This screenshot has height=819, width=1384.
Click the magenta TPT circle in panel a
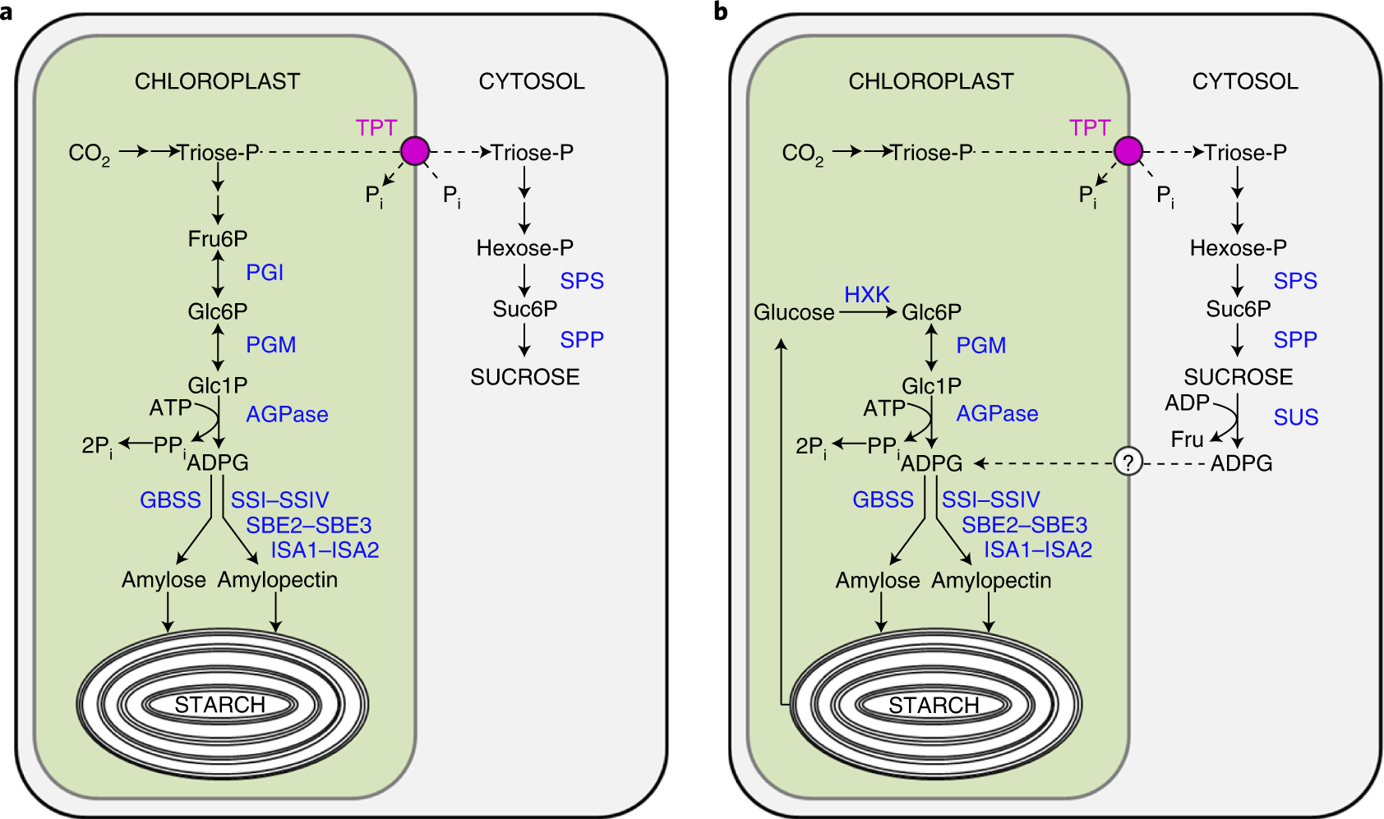coord(415,151)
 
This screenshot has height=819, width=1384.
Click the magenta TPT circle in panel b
coord(1128,151)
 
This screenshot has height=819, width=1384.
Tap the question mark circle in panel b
coord(1128,462)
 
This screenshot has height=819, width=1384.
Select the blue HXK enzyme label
coord(867,294)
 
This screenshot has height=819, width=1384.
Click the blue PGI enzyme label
coord(265,273)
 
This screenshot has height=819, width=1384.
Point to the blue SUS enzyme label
coord(1296,417)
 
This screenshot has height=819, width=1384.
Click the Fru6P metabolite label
coord(218,239)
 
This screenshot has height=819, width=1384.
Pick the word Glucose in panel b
coord(794,313)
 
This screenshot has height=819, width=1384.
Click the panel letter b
coord(721,12)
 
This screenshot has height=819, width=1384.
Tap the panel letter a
coord(7,12)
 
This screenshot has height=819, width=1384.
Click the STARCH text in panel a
coord(219,705)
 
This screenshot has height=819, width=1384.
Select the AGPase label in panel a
coord(287,414)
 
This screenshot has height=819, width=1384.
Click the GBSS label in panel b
coord(883,499)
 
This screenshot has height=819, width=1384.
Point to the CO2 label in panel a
coord(89,154)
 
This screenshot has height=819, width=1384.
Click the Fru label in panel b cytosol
coord(1187,439)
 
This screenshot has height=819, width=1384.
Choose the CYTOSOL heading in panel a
coord(532,81)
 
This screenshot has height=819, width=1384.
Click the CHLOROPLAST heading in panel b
coord(931,81)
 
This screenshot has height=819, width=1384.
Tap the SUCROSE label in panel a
coord(525,377)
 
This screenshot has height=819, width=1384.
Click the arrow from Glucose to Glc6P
coord(867,312)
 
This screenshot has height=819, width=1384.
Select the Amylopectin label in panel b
coord(991,580)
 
